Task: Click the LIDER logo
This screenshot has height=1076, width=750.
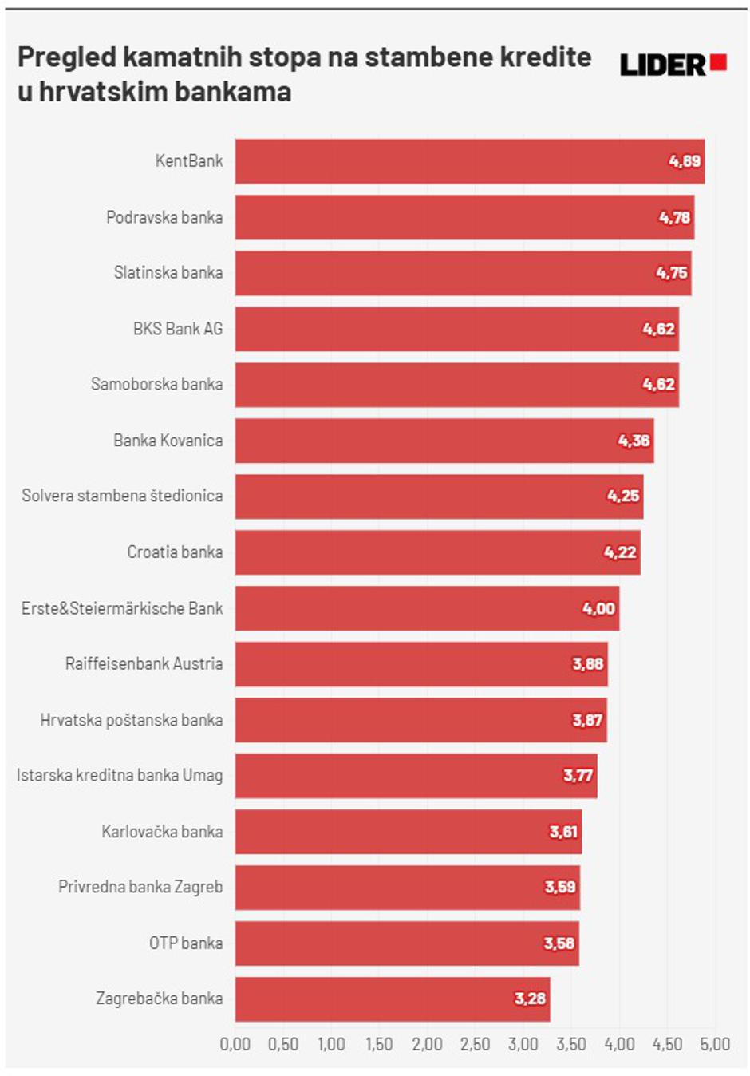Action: pos(673,65)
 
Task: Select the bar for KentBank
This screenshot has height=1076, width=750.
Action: pos(469,161)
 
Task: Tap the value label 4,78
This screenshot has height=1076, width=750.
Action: pos(674,217)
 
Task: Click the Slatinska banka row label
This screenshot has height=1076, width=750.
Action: pos(168,273)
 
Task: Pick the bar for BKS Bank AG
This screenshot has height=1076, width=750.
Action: pos(456,329)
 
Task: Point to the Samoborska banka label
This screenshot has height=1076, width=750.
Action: pos(156,385)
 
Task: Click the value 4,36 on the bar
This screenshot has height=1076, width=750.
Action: pos(634,441)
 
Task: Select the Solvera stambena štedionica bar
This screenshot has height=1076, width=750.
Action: pos(439,496)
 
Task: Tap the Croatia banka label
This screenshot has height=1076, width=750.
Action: pos(175,552)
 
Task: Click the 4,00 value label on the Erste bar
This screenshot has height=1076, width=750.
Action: pos(598,608)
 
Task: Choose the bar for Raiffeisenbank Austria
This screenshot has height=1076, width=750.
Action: pos(421,664)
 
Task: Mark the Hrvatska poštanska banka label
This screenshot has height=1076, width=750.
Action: pos(132,720)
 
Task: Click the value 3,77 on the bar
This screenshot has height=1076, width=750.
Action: pos(578,776)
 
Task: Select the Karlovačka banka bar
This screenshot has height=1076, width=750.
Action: pos(409,832)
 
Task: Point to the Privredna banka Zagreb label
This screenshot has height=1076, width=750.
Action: pos(140,888)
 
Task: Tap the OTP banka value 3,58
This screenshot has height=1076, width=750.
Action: pos(559,943)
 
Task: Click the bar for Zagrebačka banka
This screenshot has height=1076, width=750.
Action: pos(393,999)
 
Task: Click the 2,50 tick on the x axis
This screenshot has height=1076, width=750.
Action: pos(475,1044)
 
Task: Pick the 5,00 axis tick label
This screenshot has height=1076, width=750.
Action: pos(715,1044)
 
